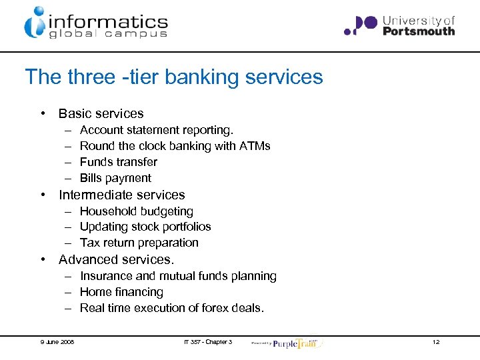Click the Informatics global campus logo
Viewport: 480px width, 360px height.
tap(96, 23)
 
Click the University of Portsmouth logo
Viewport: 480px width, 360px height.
tap(399, 26)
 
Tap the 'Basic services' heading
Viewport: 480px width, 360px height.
tap(101, 114)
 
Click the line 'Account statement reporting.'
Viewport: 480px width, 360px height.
tap(157, 130)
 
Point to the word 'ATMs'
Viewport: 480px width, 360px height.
tap(255, 146)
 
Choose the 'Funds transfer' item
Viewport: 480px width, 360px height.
tap(119, 162)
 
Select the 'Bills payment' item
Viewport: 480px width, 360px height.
tap(115, 178)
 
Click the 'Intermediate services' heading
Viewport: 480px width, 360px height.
tap(121, 195)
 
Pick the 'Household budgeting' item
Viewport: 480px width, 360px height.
tap(137, 211)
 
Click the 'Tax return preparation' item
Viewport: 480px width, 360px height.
tap(139, 243)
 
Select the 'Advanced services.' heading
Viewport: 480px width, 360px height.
tap(116, 260)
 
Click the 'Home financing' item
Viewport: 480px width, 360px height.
tap(121, 292)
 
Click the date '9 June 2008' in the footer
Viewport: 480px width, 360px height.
tap(57, 342)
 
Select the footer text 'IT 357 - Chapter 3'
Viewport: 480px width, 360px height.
tap(208, 342)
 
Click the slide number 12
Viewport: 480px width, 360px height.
tap(436, 342)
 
